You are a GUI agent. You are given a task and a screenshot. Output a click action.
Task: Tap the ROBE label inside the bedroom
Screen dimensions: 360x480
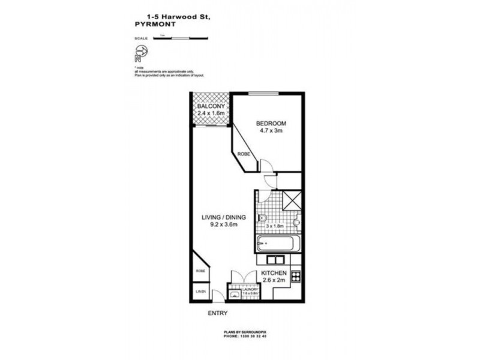(244, 154)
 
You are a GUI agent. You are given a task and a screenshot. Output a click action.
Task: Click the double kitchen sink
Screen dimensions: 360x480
(273, 260)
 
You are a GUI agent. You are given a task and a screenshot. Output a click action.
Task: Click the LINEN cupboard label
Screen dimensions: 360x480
(200, 292)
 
